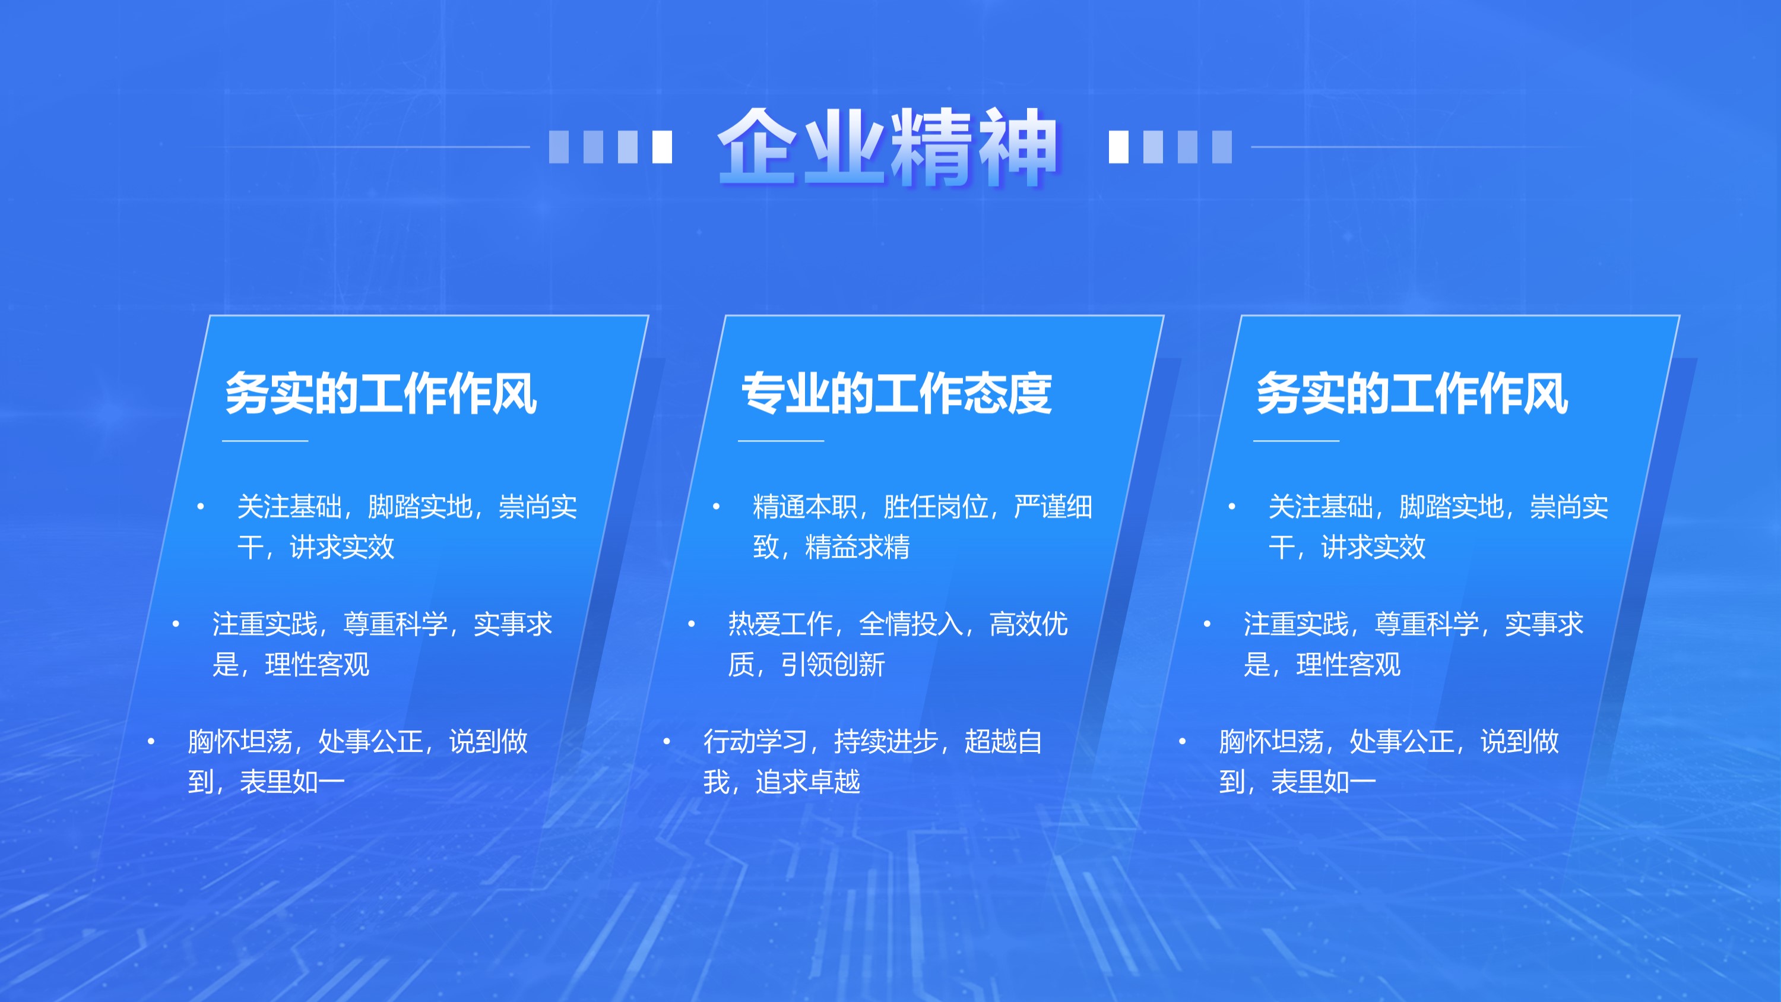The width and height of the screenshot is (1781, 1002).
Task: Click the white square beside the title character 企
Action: click(663, 147)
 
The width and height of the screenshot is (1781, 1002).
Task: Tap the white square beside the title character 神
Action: click(1118, 147)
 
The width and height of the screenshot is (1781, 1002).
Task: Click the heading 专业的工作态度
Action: click(896, 393)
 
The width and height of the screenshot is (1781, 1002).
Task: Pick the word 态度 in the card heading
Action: click(1008, 393)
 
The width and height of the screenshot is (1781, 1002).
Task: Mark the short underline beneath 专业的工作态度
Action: click(781, 440)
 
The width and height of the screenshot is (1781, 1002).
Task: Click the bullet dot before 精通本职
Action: click(717, 507)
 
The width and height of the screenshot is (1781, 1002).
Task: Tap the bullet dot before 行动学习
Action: click(667, 741)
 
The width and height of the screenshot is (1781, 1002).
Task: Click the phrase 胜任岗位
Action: click(936, 507)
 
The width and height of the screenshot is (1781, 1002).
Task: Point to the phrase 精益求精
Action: click(857, 547)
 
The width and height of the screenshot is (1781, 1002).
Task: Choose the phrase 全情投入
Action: click(911, 624)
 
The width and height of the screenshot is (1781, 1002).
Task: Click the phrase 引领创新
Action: click(832, 665)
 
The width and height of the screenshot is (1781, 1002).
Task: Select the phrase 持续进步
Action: click(886, 741)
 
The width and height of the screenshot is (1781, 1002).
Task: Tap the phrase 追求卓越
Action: click(807, 782)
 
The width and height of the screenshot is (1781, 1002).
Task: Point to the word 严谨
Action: click(1040, 507)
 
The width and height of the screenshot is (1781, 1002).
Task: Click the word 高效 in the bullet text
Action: click(1015, 624)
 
